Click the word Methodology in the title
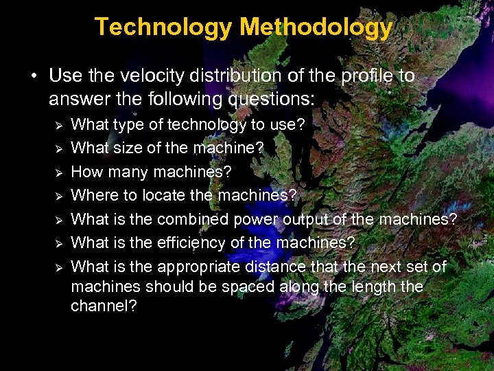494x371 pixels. [x=316, y=27]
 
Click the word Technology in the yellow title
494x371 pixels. [x=165, y=27]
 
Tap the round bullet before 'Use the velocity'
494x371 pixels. [x=34, y=76]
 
